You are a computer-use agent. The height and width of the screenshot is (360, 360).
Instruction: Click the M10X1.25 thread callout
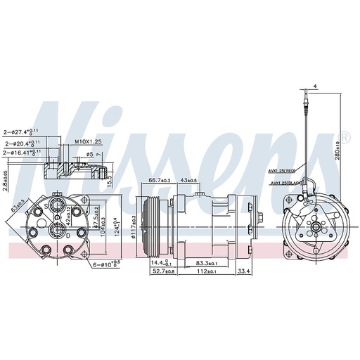[x=89, y=141]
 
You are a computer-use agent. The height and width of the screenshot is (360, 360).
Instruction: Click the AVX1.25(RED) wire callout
[x=281, y=171]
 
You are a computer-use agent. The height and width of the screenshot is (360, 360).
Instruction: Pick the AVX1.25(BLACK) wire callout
[x=284, y=182]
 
